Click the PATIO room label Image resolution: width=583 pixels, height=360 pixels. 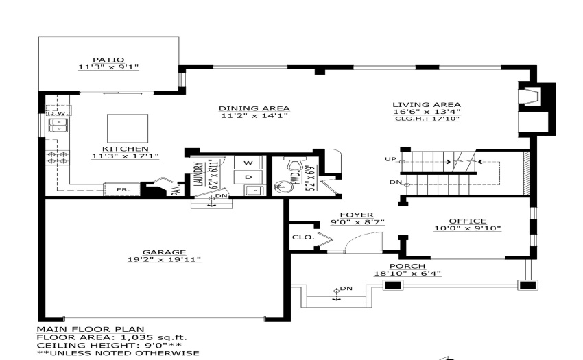[x=108, y=60]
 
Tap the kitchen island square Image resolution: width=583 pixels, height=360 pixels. [x=128, y=128]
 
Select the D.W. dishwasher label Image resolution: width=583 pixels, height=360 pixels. [x=57, y=113]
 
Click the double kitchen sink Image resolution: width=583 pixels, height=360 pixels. [x=58, y=125]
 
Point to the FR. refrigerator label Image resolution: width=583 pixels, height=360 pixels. [x=123, y=190]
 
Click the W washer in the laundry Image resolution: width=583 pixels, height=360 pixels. [x=248, y=163]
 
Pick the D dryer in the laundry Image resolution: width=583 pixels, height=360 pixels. [x=248, y=177]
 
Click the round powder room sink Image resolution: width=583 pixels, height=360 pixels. [x=282, y=187]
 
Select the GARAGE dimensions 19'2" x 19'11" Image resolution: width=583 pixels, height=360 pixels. [x=164, y=259]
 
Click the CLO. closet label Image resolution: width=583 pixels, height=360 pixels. [x=303, y=237]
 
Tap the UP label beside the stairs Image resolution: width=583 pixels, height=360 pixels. [x=390, y=159]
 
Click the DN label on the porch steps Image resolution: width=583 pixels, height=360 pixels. [x=346, y=288]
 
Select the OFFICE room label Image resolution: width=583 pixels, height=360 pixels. [x=468, y=221]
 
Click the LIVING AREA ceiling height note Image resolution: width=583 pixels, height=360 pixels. [x=427, y=119]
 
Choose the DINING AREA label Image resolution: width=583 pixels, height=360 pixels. [x=254, y=108]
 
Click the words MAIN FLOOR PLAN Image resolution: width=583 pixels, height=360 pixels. [x=91, y=329]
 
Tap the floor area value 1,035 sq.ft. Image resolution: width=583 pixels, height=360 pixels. [x=153, y=337]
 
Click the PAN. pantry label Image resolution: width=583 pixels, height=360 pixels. [x=178, y=190]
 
